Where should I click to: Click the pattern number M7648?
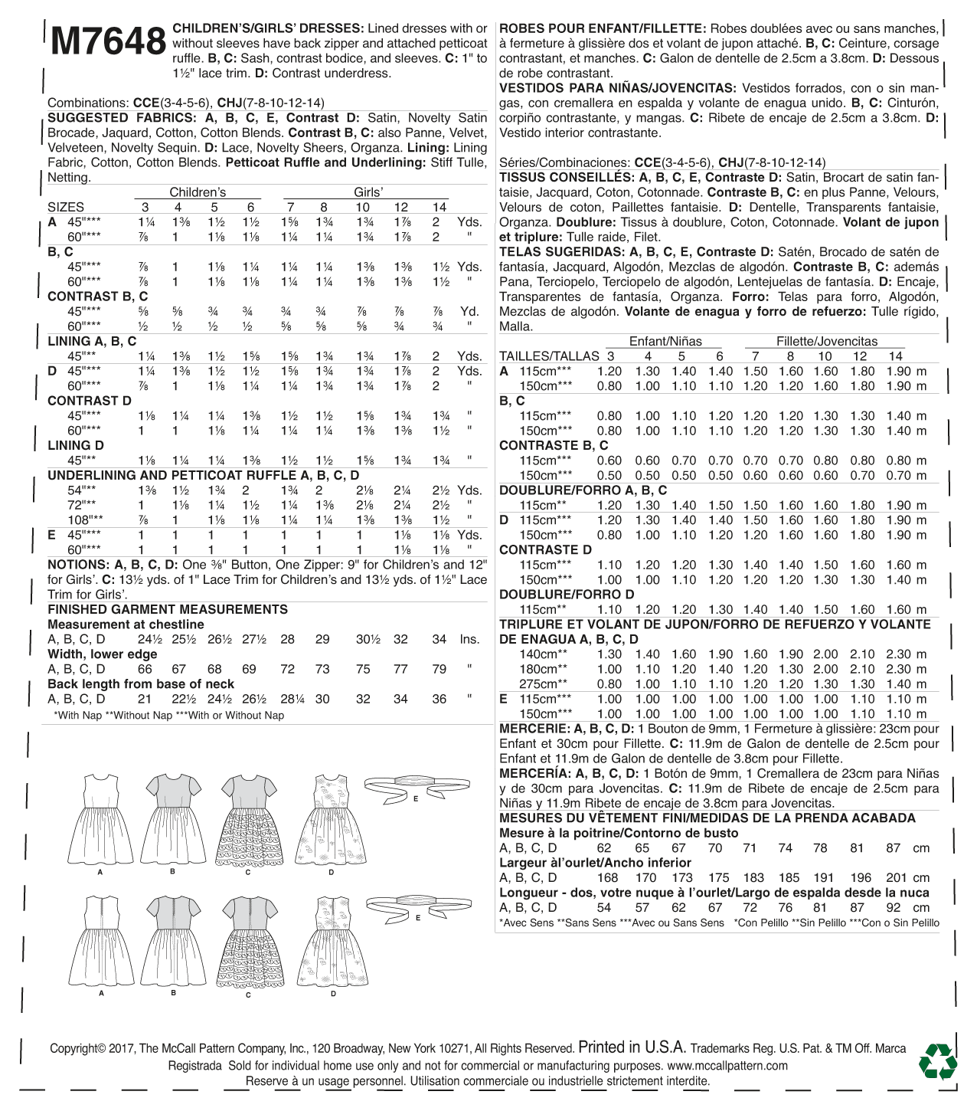pyautogui.click(x=108, y=43)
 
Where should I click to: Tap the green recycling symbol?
pyautogui.click(x=937, y=1061)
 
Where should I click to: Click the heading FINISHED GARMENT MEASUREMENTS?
pyautogui.click(x=168, y=609)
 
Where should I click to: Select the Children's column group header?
pyautogui.click(x=198, y=192)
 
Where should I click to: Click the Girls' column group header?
pyautogui.click(x=368, y=192)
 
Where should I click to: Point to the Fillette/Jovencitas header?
pyautogui.click(x=827, y=342)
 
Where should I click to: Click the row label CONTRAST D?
pyautogui.click(x=90, y=401)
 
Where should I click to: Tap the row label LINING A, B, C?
pyautogui.click(x=92, y=341)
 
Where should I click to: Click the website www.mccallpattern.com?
pyautogui.click(x=727, y=1066)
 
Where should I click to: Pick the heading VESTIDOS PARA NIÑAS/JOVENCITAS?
pyautogui.click(x=617, y=89)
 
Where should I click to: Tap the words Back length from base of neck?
pyautogui.click(x=141, y=684)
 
